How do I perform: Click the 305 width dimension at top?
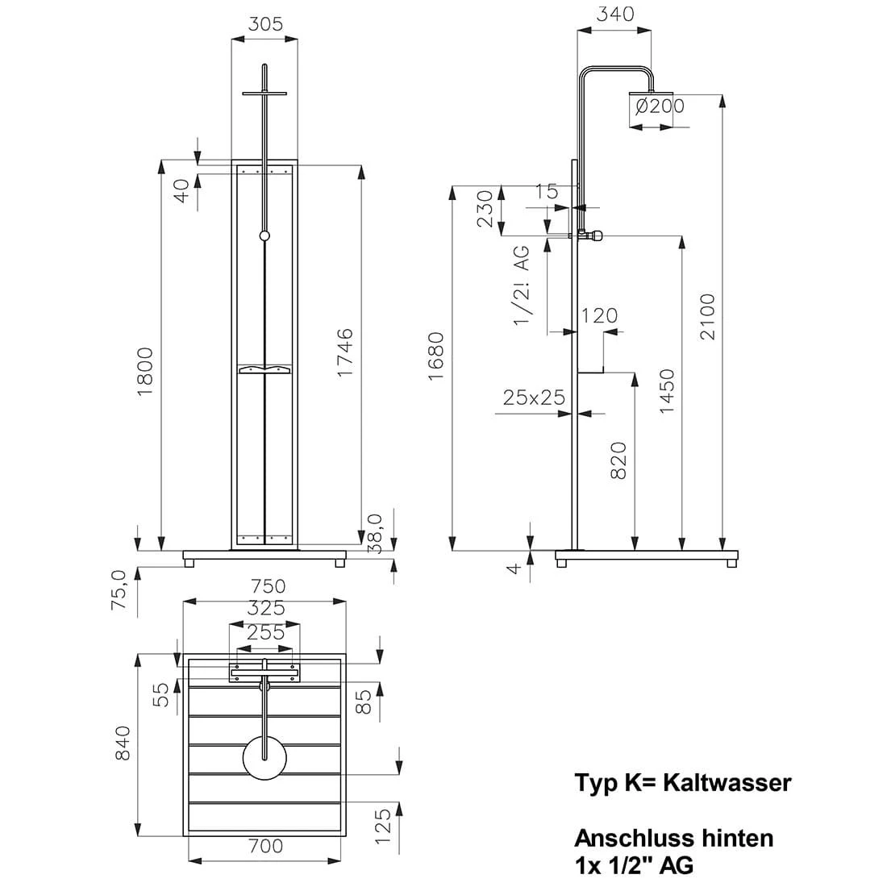coord(265,24)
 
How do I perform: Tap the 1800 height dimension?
coord(146,371)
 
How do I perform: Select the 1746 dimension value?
coord(344,354)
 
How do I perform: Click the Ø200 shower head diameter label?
coord(659,106)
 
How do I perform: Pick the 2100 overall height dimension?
coord(707,316)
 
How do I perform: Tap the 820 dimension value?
coord(618,460)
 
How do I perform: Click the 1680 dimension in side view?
coord(436,356)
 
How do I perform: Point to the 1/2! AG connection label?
coord(522,286)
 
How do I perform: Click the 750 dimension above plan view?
coord(267,586)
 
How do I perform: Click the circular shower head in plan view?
coord(265,758)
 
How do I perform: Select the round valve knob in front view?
coord(264,235)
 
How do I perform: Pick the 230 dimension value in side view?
coord(485,209)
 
